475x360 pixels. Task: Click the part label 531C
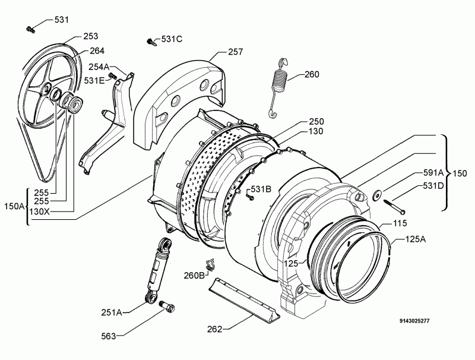click(172, 39)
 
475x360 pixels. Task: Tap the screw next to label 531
click(30, 29)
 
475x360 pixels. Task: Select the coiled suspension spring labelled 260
click(277, 87)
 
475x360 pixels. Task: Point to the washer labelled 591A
click(376, 195)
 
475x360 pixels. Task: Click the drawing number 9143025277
click(414, 321)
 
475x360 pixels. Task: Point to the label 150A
click(14, 206)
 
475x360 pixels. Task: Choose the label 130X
click(39, 211)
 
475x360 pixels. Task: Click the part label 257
click(235, 52)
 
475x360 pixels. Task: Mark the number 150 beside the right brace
click(460, 173)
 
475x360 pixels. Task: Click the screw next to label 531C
click(152, 42)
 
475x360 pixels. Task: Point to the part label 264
click(97, 50)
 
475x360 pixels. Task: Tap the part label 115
click(400, 223)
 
